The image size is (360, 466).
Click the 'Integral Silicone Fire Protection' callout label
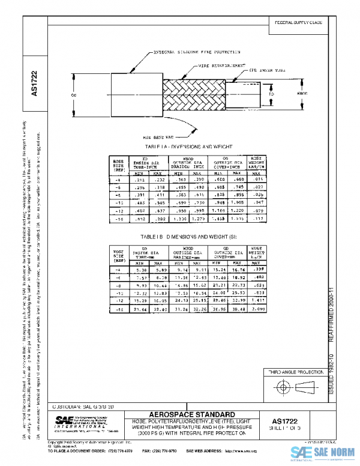(183, 53)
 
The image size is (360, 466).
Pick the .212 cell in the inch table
(140, 180)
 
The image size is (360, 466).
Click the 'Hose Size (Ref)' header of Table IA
(119, 166)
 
